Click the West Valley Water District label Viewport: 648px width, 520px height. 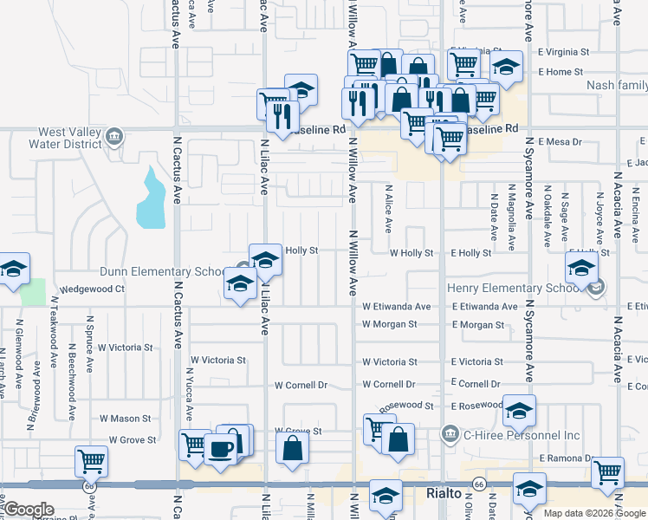tap(57, 138)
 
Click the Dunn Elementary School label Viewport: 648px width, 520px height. tap(162, 272)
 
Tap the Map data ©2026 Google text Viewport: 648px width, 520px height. tap(593, 513)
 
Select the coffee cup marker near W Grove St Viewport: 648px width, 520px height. tap(223, 449)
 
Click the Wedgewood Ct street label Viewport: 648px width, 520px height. tap(91, 289)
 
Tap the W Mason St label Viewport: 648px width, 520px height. tap(125, 419)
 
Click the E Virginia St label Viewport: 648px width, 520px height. tap(563, 52)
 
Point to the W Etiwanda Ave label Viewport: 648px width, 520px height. tap(396, 307)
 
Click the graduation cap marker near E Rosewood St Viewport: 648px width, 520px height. tap(518, 413)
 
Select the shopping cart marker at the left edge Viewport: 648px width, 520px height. tap(91, 461)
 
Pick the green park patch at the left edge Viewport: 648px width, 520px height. tap(33, 292)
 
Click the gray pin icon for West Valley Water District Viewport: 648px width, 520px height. tap(113, 136)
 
